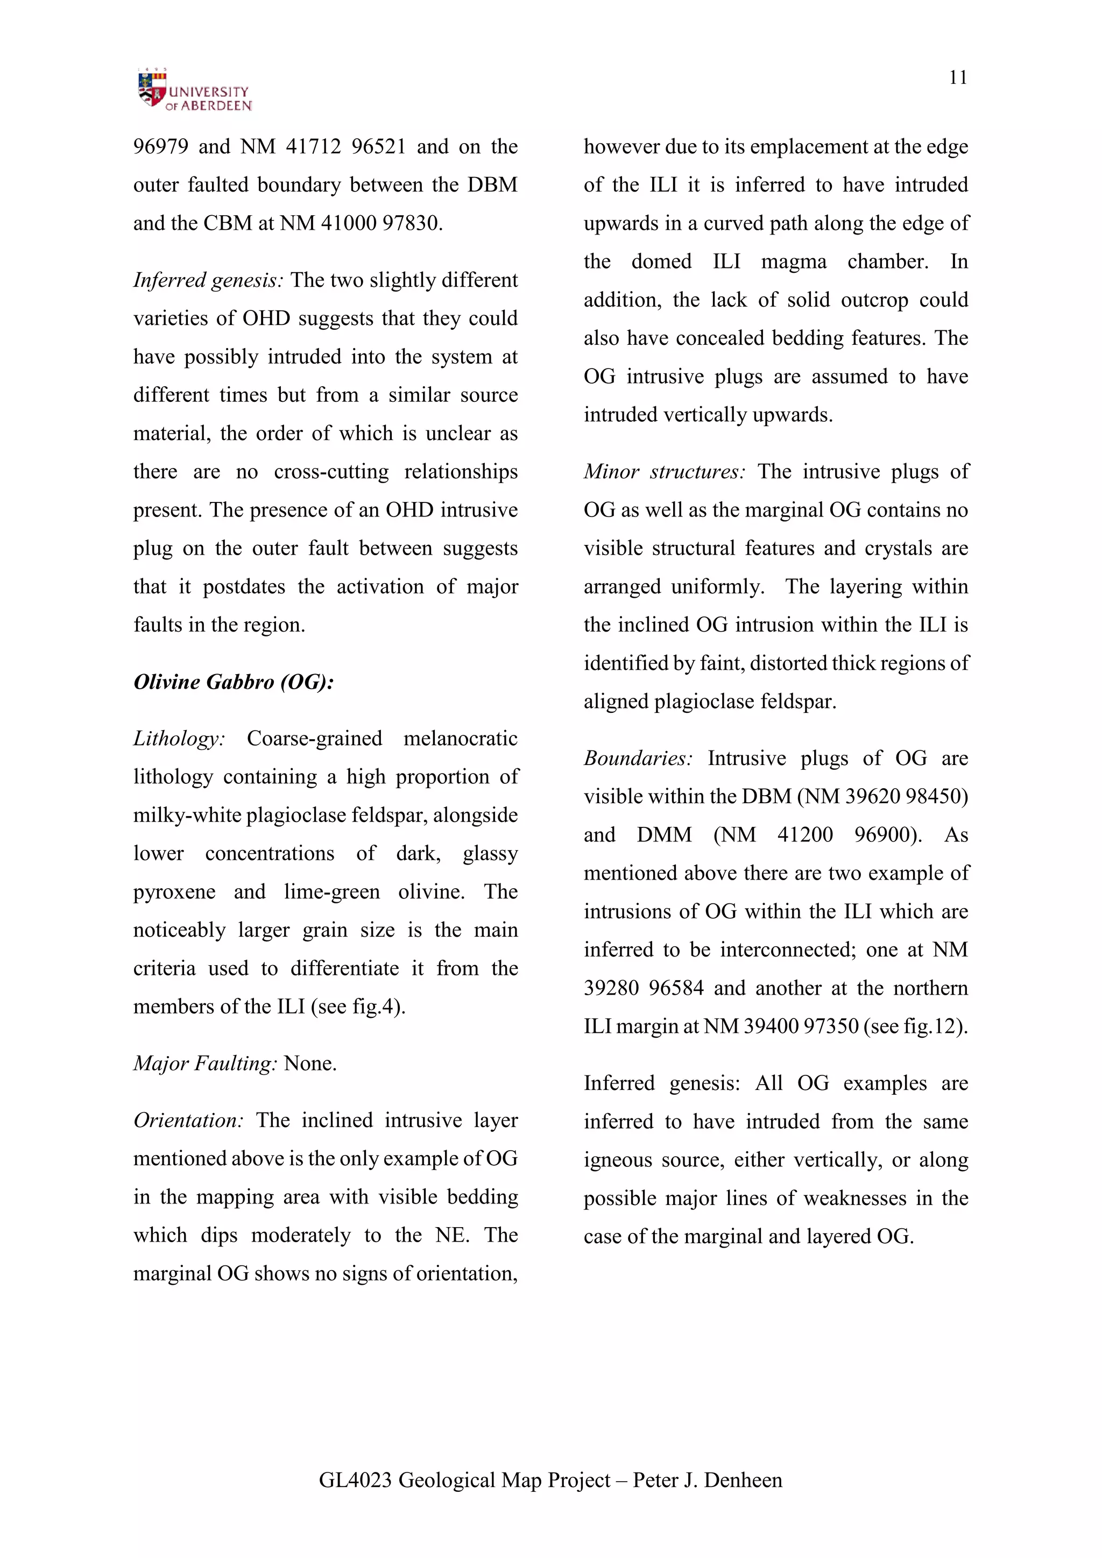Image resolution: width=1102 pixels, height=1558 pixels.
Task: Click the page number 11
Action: (x=957, y=77)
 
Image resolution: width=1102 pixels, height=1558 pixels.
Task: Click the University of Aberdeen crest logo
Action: (x=152, y=89)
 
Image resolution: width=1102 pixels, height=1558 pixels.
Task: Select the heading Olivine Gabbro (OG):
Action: (x=234, y=682)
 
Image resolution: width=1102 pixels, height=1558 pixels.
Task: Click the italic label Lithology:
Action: (x=179, y=738)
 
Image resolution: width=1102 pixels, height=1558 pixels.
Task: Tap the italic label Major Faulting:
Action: (x=205, y=1063)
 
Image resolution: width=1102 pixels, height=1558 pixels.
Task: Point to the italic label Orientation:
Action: (x=188, y=1120)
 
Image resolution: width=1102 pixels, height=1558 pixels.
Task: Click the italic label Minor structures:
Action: (x=665, y=472)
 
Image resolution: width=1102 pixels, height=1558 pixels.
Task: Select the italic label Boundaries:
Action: (x=638, y=758)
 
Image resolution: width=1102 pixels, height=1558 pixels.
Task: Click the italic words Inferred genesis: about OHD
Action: (x=208, y=280)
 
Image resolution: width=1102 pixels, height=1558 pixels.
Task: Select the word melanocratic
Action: (x=460, y=738)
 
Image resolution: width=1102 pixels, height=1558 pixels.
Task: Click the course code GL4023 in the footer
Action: (x=355, y=1480)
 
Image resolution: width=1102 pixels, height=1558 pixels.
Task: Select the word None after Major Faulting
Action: (x=310, y=1063)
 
